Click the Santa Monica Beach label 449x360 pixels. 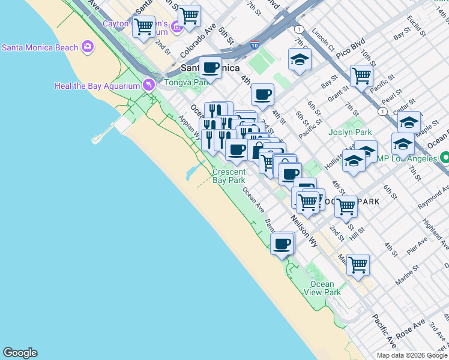tap(40, 47)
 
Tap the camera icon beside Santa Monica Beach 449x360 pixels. tap(88, 46)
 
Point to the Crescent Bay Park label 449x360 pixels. tap(229, 176)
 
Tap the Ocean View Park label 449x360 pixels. tap(325, 288)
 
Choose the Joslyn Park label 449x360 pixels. tap(350, 132)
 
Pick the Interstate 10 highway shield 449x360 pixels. tap(255, 44)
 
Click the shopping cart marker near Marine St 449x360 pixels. tap(358, 264)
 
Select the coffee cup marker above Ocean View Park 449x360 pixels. tap(282, 244)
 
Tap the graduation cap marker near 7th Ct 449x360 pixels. tap(300, 59)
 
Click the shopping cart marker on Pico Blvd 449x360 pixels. tap(361, 76)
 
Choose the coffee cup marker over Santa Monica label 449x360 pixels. tap(210, 67)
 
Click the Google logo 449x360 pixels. tap(20, 353)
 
